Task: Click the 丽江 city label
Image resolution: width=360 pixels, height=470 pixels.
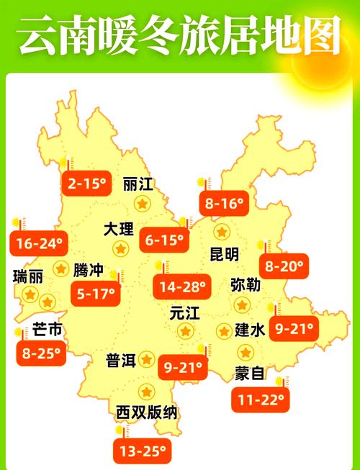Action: (138, 184)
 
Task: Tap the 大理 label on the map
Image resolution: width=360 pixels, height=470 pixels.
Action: (119, 230)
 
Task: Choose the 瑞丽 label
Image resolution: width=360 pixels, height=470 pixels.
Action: (28, 276)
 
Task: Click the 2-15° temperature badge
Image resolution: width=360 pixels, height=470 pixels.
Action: (87, 184)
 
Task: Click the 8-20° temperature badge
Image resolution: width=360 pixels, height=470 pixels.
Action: (284, 266)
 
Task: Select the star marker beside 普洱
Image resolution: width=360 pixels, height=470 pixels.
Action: (146, 358)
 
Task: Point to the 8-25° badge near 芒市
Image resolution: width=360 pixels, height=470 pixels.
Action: (40, 353)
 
